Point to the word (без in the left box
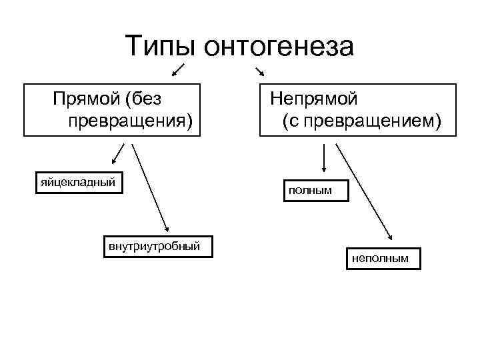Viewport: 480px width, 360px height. pos(146,99)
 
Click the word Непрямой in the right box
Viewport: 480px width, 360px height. pos(313,99)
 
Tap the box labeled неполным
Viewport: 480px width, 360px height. pos(383,258)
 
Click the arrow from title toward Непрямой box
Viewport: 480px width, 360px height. pos(260,71)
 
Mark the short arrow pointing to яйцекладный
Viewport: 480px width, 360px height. pos(118,153)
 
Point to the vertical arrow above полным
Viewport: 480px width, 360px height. pos(323,160)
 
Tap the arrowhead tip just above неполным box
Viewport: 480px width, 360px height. pos(391,240)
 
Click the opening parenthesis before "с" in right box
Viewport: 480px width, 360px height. pos(285,121)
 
